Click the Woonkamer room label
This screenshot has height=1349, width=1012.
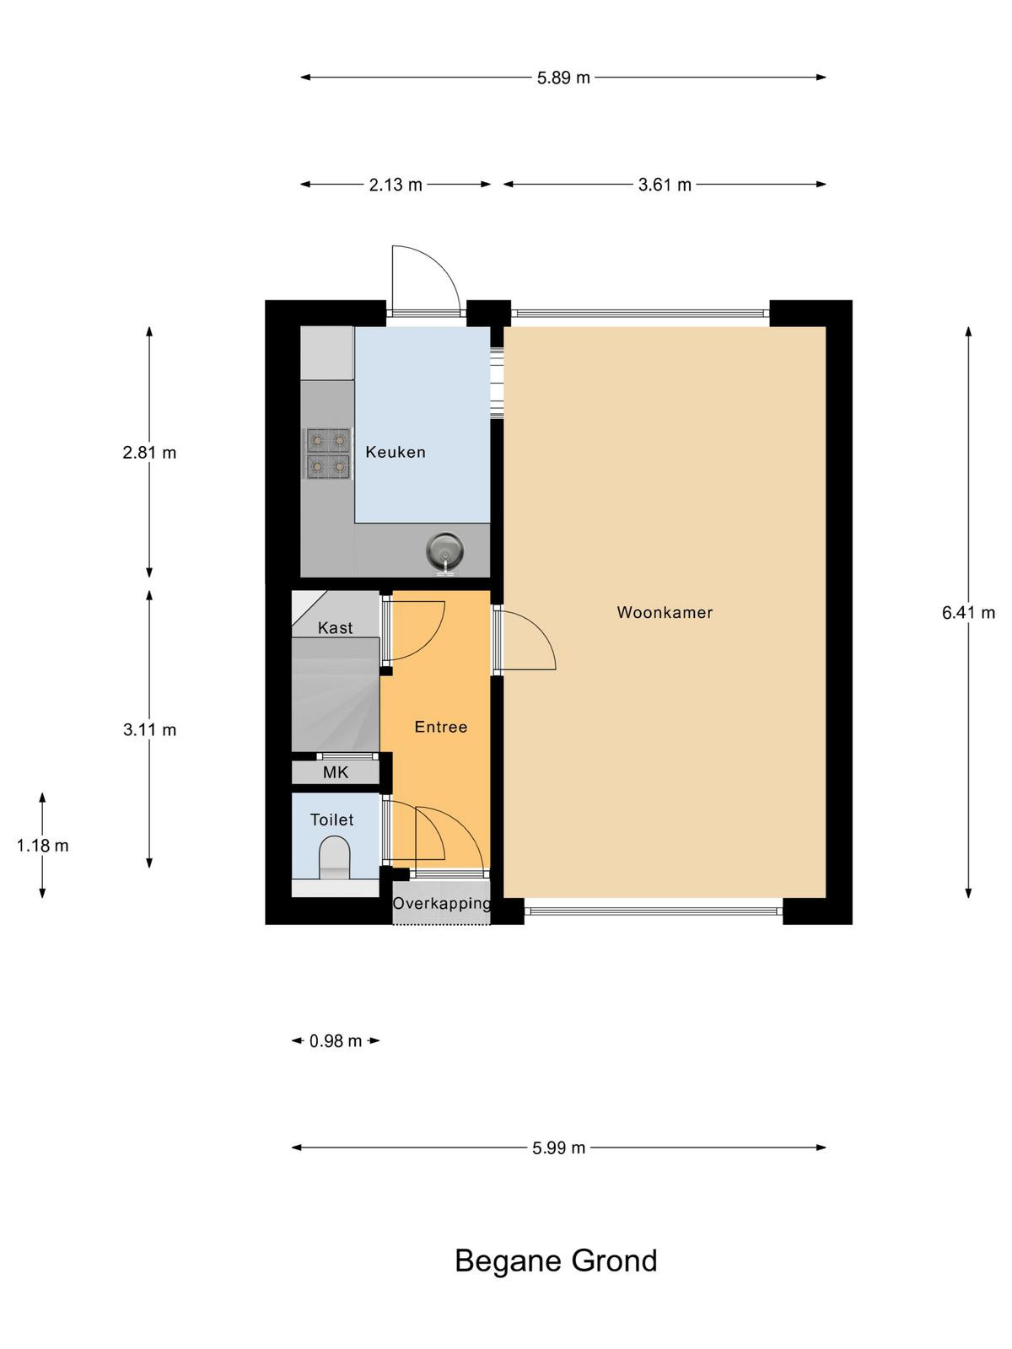tap(665, 612)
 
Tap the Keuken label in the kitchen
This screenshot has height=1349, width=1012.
tap(395, 452)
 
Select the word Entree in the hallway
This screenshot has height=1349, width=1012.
tap(440, 727)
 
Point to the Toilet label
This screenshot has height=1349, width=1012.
tap(331, 820)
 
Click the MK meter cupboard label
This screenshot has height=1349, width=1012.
tap(336, 772)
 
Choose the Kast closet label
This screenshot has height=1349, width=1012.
tap(336, 627)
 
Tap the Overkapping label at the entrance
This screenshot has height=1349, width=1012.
tap(442, 904)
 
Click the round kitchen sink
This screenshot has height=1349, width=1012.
tap(444, 550)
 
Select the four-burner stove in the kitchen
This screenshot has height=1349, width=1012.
tap(328, 454)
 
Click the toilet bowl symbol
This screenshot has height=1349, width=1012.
tap(335, 856)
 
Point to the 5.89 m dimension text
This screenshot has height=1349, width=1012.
tap(563, 78)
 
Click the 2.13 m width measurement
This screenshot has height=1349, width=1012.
tap(396, 185)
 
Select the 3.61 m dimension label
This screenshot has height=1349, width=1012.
tap(665, 185)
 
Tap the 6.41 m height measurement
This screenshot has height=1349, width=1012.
tap(968, 612)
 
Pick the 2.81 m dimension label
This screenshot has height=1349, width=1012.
tap(149, 452)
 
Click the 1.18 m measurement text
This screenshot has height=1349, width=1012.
tap(42, 846)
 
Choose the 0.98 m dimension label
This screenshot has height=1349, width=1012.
tap(336, 1041)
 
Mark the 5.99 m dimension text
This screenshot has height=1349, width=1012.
tap(559, 1147)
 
